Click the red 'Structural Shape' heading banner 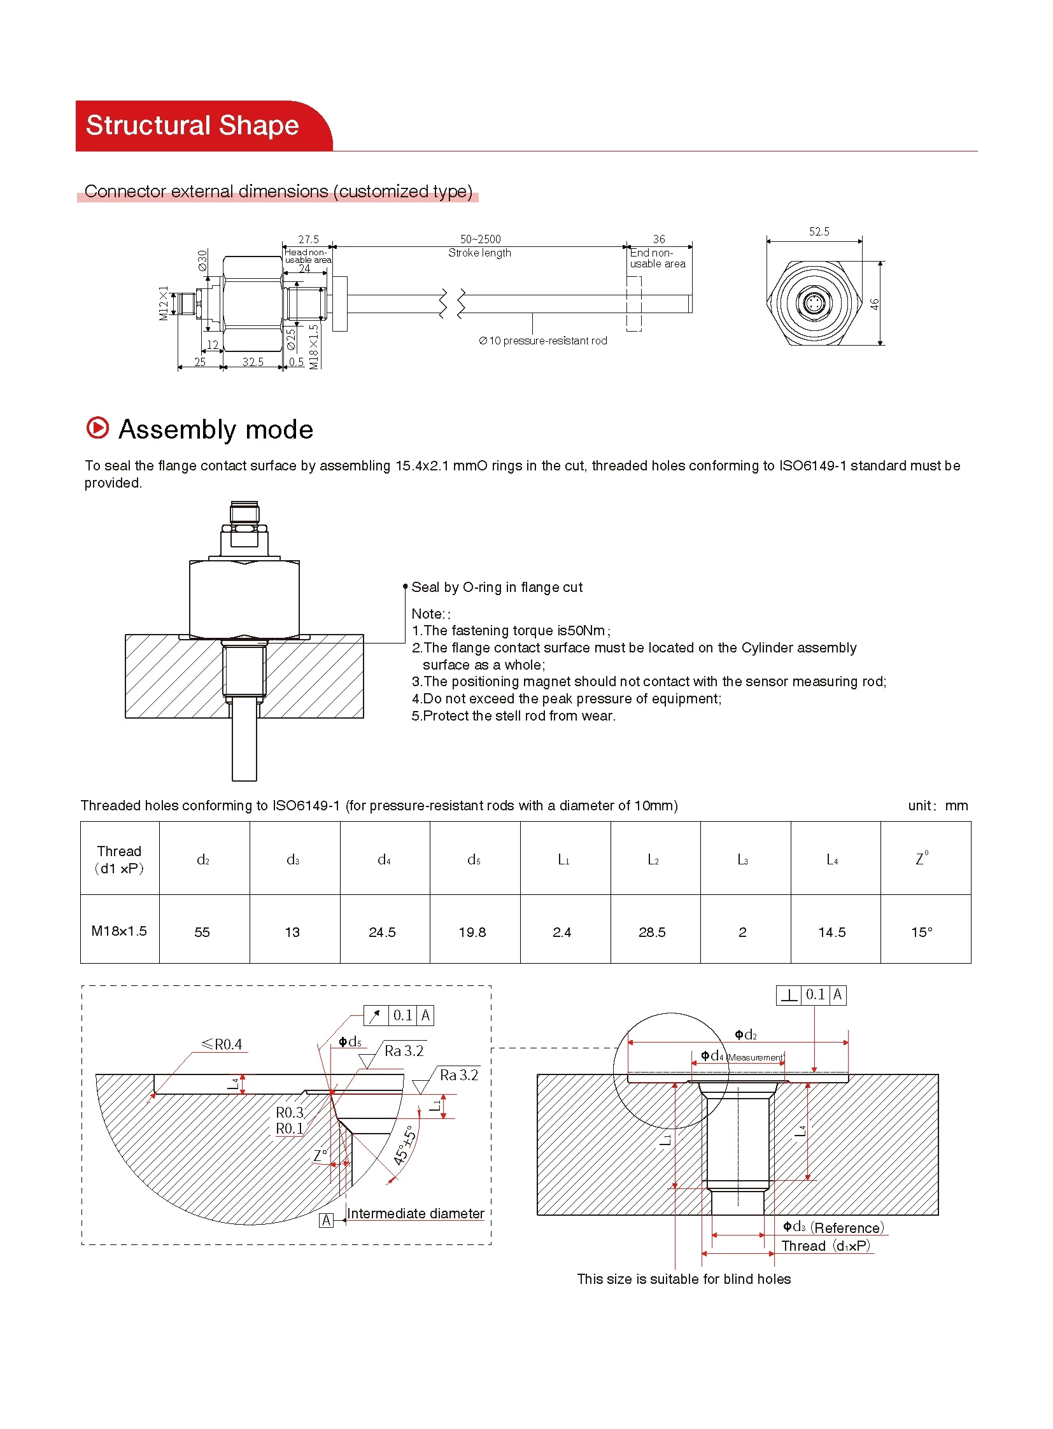pos(192,125)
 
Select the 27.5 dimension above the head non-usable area pos(309,239)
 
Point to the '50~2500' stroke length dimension pos(481,239)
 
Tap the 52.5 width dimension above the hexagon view pos(819,231)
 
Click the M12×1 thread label pos(164,304)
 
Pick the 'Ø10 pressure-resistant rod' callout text pos(543,341)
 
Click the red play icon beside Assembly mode pos(97,428)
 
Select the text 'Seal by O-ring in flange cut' pos(497,587)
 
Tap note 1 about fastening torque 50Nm pos(511,630)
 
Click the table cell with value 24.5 pos(383,932)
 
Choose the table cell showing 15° pos(922,932)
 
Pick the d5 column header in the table pos(474,860)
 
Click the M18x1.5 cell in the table pos(119,931)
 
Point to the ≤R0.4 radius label pos(222,1044)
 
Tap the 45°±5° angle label pos(404,1145)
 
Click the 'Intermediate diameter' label pos(415,1214)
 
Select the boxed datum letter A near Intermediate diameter pos(326,1221)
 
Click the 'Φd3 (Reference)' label pos(833,1228)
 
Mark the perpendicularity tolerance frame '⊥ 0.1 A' pos(811,995)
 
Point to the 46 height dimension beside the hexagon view pos(875,304)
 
